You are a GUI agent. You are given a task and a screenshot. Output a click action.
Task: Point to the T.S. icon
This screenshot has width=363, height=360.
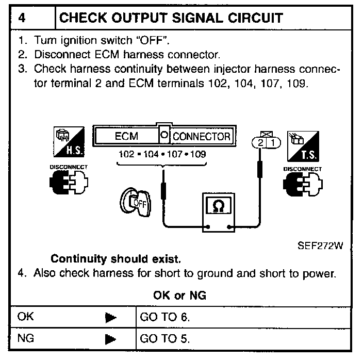pyautogui.click(x=302, y=144)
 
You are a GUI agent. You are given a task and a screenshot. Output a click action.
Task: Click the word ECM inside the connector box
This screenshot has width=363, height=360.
pyautogui.click(x=126, y=137)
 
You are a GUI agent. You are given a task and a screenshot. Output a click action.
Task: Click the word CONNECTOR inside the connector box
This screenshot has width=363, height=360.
pyautogui.click(x=201, y=137)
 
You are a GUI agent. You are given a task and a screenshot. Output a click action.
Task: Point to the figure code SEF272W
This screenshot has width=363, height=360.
pyautogui.click(x=320, y=246)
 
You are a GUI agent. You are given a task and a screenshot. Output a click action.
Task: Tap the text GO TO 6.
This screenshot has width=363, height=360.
pyautogui.click(x=165, y=317)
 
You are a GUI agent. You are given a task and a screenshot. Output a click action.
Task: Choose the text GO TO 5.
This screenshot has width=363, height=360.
pyautogui.click(x=165, y=339)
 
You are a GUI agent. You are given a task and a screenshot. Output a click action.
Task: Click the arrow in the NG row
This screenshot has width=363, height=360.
pyautogui.click(x=110, y=339)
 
